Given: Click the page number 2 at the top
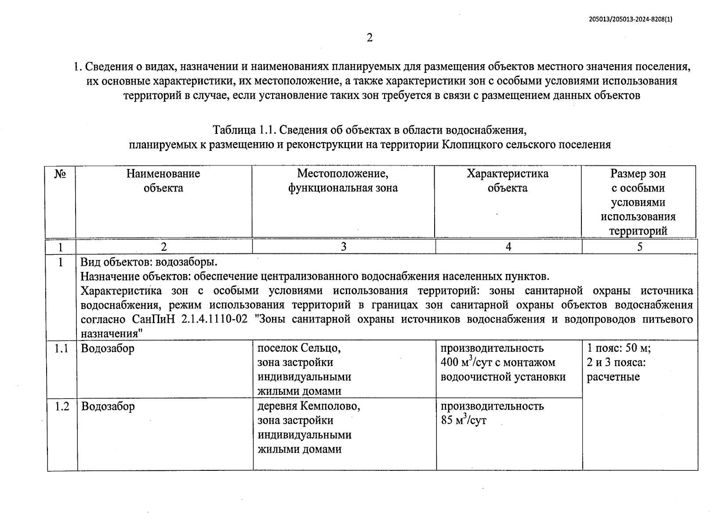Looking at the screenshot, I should pos(370,38).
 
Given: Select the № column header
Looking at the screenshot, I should pos(60,174).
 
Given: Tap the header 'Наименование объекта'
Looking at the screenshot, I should pos(163,181).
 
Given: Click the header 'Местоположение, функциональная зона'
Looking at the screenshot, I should pos(343,181).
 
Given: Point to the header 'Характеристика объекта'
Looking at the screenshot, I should pos(508,181).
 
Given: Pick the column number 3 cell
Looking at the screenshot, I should pos(343,247).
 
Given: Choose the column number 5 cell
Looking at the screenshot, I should pos(639,247).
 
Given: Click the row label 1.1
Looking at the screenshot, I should pos(62,349).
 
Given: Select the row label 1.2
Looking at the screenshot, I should pos(62,407).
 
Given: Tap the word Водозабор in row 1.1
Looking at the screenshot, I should pos(108,349).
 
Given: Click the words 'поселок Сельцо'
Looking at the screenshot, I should pos(299,348).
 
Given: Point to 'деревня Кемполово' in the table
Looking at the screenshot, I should pos(309,406).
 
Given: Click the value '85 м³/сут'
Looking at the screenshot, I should pos(464,421).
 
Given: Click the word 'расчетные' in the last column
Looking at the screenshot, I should pos(613,377).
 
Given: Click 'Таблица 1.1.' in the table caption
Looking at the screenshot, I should pos(244,131).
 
